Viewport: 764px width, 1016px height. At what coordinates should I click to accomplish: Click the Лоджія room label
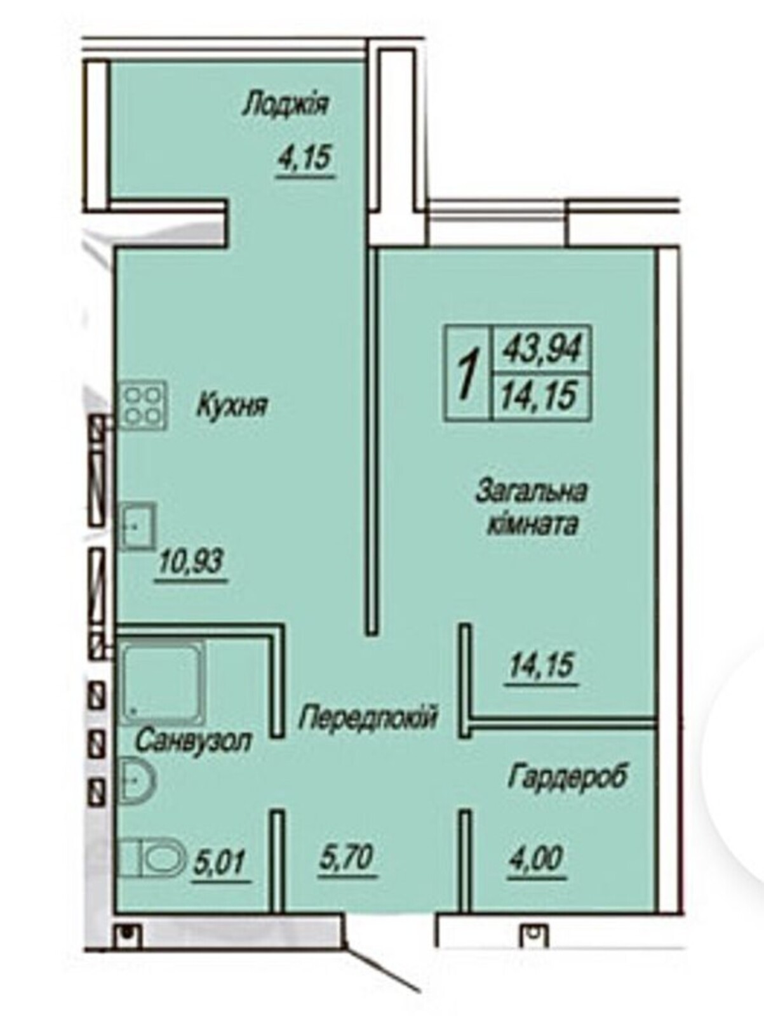[x=286, y=105]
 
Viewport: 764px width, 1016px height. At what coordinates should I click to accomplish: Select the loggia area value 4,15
[x=305, y=157]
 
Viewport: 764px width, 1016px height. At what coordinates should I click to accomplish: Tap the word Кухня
[x=232, y=407]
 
